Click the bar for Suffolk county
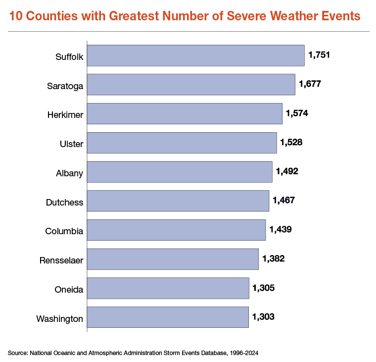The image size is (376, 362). (x=195, y=55)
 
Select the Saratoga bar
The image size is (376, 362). (x=191, y=85)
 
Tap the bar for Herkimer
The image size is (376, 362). (x=185, y=113)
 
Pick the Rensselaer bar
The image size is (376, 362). (x=173, y=259)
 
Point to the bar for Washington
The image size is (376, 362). (x=168, y=317)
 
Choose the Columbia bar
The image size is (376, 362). (x=176, y=230)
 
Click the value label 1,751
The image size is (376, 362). (x=319, y=55)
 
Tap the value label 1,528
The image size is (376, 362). (x=291, y=143)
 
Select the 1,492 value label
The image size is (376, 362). (x=287, y=171)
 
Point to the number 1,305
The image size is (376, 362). (x=263, y=288)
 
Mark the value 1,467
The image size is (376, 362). (x=283, y=201)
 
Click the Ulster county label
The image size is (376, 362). (x=71, y=144)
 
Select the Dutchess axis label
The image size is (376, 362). (x=64, y=203)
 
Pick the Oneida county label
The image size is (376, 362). (x=69, y=290)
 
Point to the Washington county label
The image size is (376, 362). (x=59, y=318)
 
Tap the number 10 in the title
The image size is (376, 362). (x=15, y=16)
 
